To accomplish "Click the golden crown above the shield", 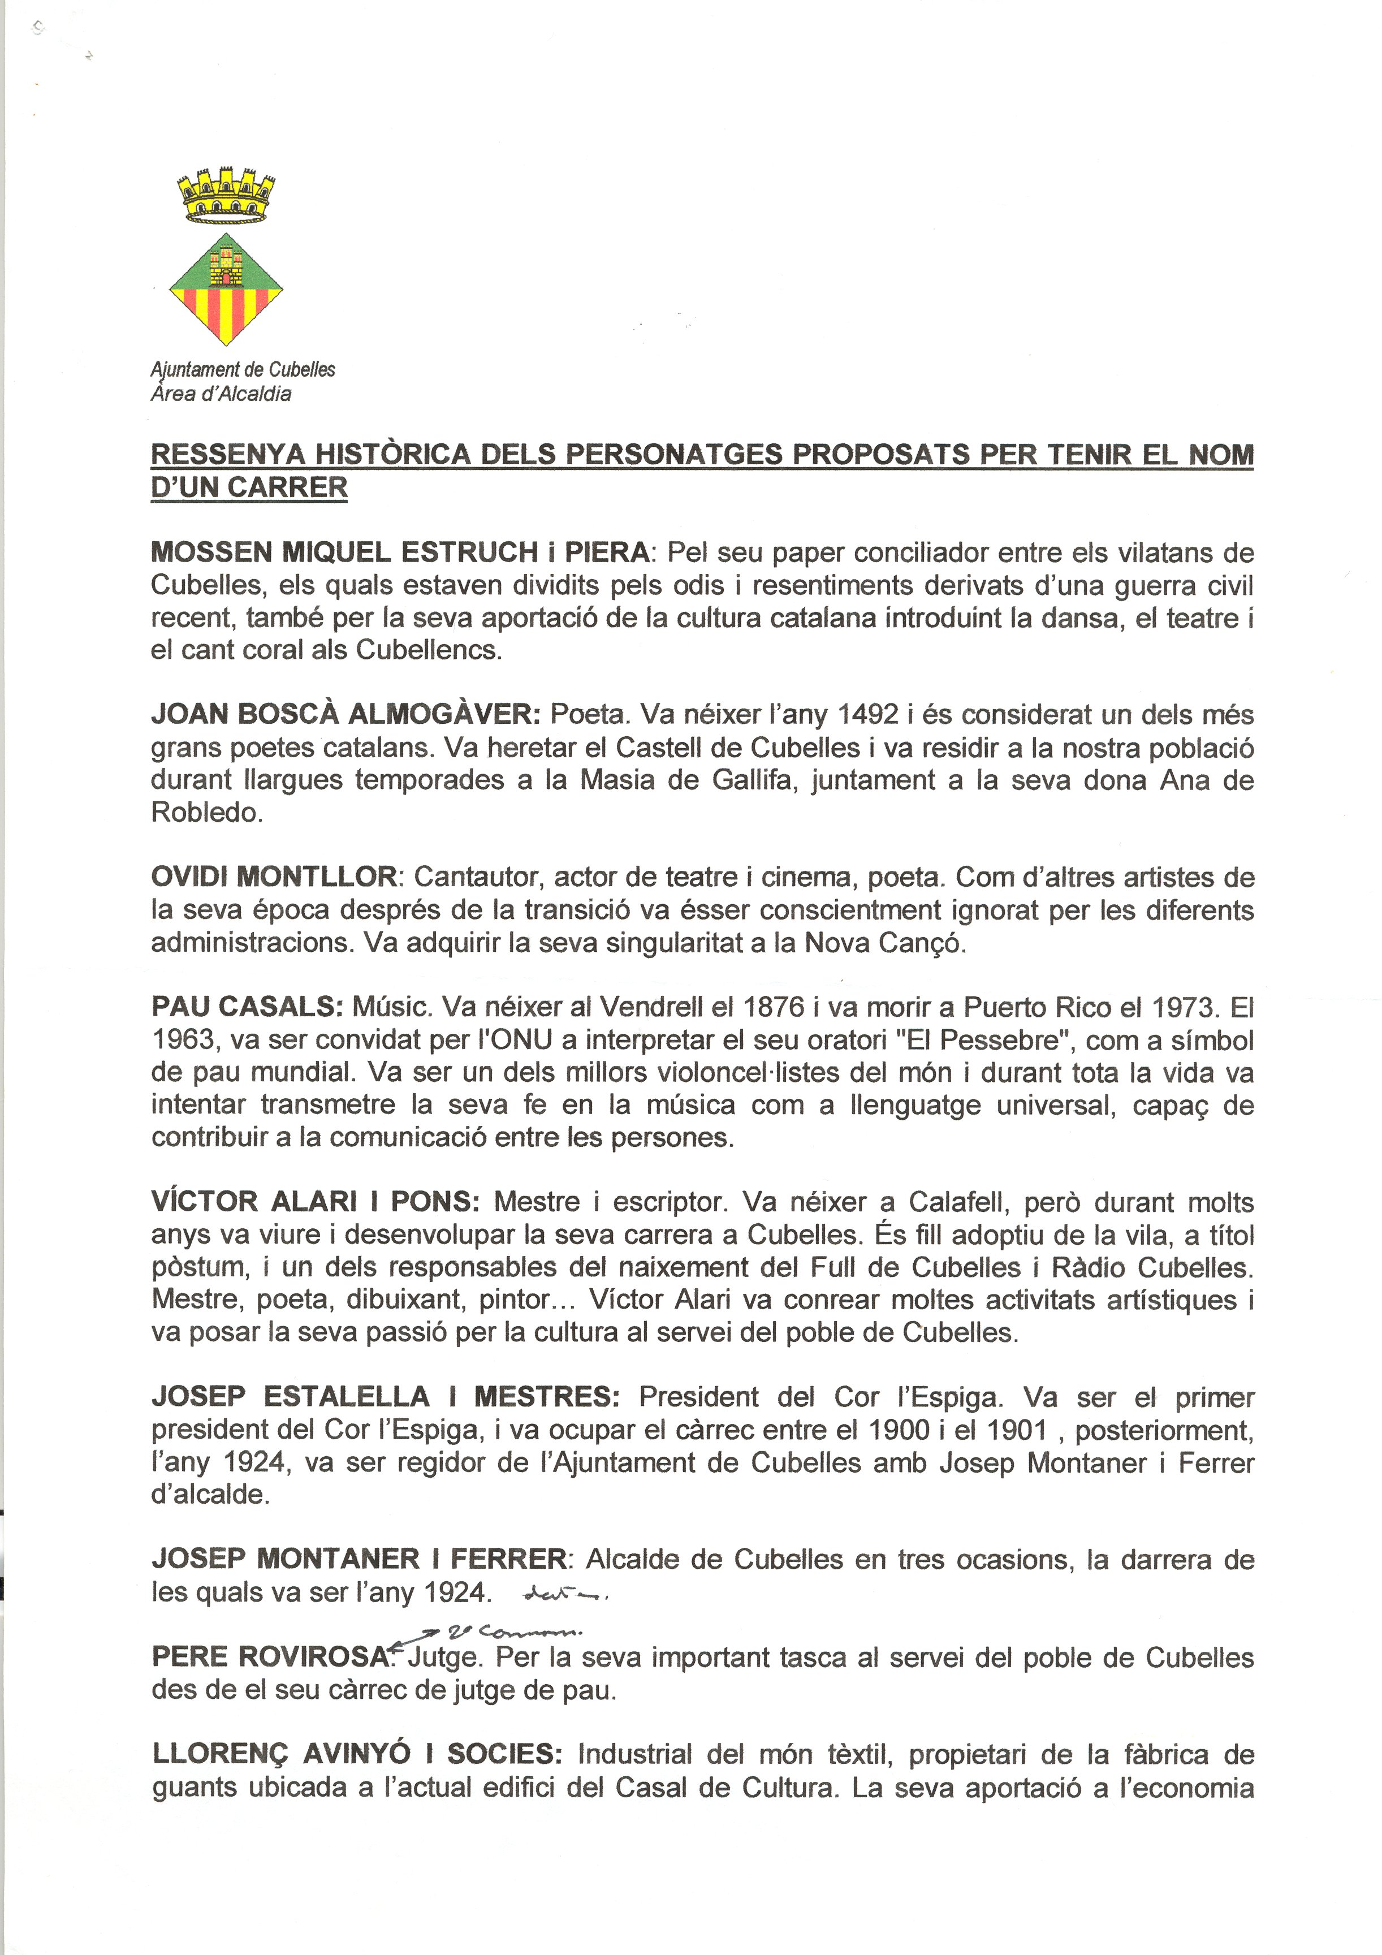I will [226, 195].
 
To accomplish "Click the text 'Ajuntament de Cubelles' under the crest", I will [243, 369].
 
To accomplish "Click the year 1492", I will [869, 715].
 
